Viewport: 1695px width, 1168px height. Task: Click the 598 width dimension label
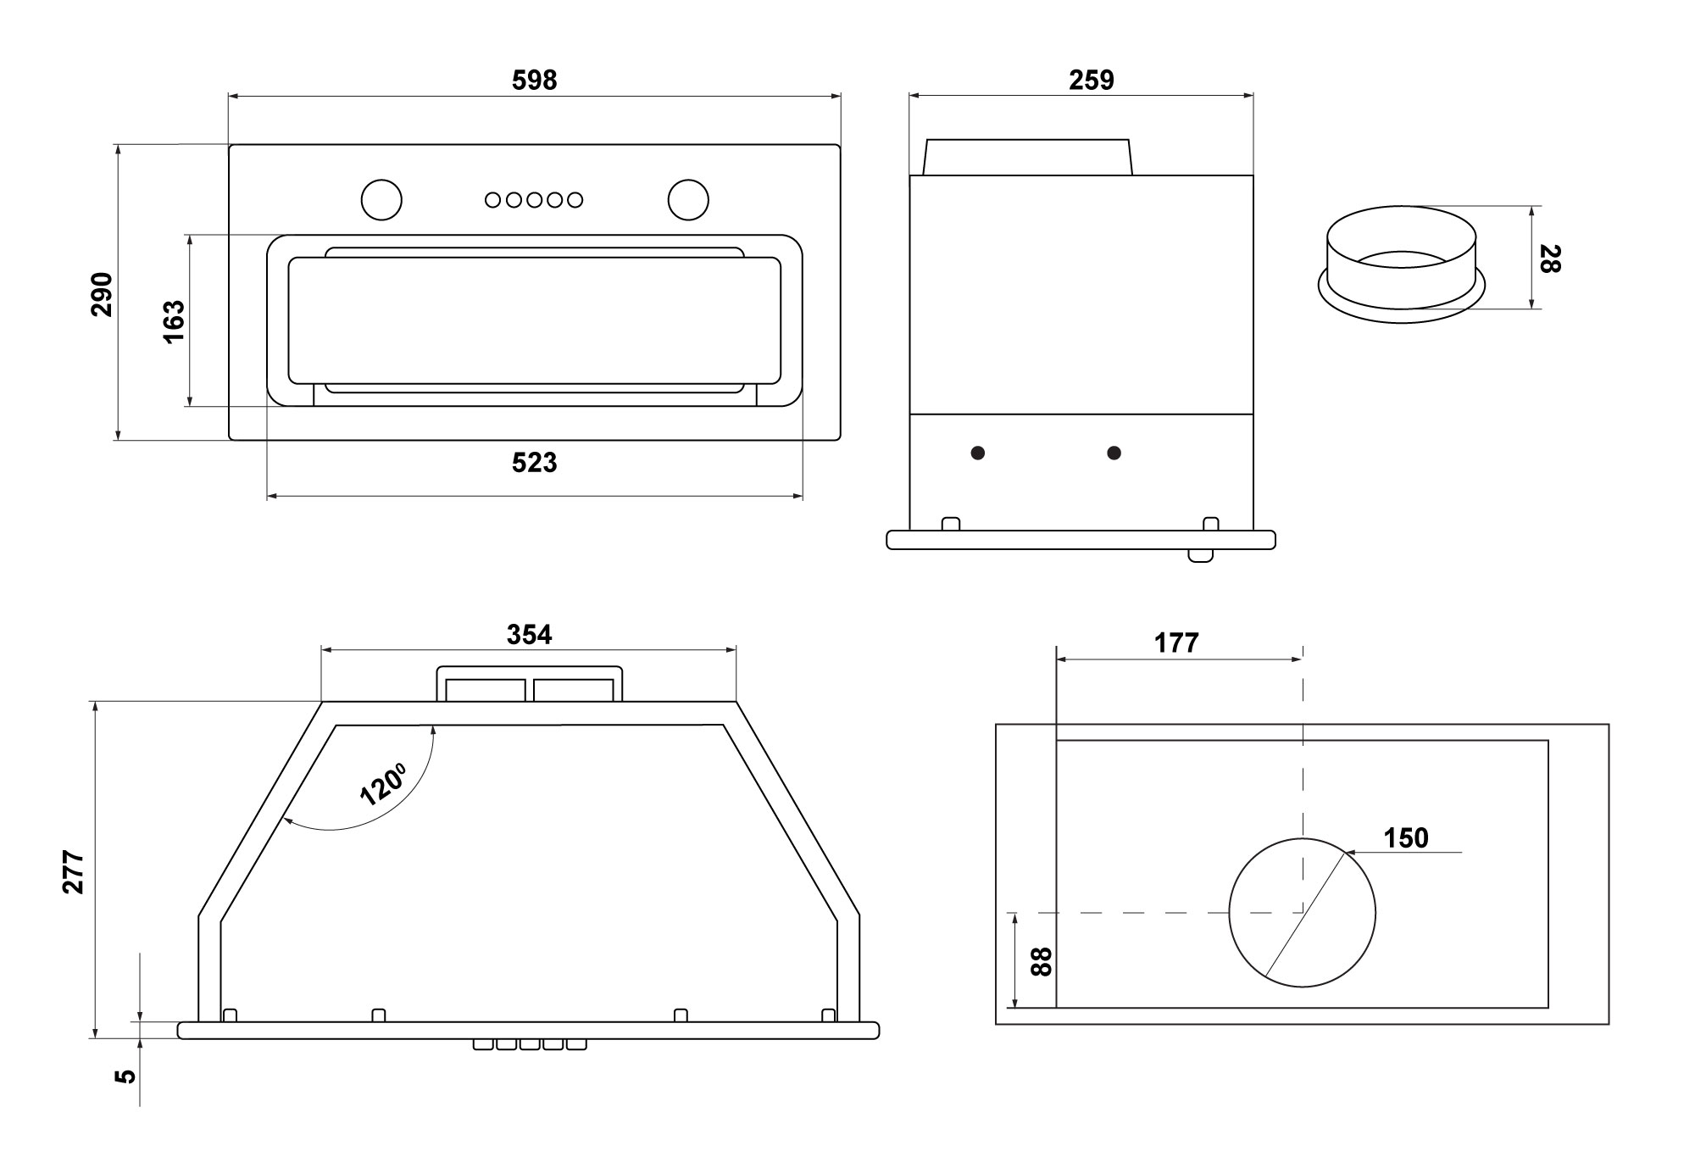click(x=534, y=80)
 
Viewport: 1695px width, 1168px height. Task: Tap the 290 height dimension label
click(x=102, y=293)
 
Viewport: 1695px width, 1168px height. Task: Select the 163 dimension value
click(x=173, y=320)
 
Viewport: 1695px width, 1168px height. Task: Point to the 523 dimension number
click(x=534, y=463)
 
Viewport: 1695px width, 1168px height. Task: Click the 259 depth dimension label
click(x=1091, y=80)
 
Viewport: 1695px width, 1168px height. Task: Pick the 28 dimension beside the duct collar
click(x=1549, y=259)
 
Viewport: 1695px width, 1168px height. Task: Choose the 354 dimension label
click(x=529, y=634)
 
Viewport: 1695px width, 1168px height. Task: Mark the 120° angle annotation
click(x=383, y=782)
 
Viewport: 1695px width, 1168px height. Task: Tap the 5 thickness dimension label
click(x=125, y=1076)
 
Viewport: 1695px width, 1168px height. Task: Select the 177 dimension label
click(x=1176, y=643)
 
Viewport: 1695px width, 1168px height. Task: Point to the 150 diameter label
click(x=1406, y=838)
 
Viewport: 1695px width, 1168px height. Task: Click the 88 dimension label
click(x=1042, y=961)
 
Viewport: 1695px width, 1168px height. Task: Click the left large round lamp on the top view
click(x=381, y=199)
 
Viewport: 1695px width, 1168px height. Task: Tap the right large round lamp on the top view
click(x=687, y=199)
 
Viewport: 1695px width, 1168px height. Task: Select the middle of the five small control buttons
click(x=534, y=200)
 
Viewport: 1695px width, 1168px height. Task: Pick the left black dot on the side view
click(x=978, y=453)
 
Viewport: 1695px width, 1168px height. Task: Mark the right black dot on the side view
click(x=1114, y=453)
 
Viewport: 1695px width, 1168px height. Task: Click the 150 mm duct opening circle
click(x=1302, y=912)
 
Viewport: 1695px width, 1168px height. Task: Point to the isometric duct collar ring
click(x=1401, y=263)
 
